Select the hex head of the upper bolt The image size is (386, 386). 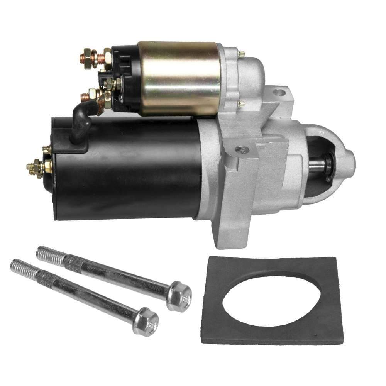click(180, 296)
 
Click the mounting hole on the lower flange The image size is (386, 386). click(242, 148)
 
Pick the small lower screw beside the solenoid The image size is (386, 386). click(242, 103)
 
